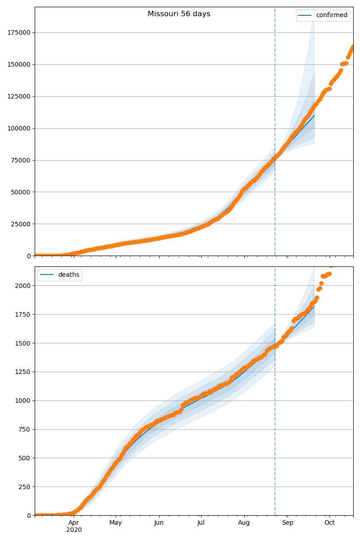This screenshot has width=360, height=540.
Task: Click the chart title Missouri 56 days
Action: click(179, 14)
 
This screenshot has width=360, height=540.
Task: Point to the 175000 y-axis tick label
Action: click(19, 32)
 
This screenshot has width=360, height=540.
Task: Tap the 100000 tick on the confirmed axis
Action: click(19, 128)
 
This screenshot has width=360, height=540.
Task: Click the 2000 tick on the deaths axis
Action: click(23, 286)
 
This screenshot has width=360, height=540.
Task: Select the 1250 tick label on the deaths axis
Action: click(23, 372)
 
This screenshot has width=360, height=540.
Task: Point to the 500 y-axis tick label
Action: click(25, 458)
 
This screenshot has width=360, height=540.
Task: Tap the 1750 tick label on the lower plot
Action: click(23, 315)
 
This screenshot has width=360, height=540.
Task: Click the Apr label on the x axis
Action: click(74, 523)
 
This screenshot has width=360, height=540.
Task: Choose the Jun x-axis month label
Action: click(159, 523)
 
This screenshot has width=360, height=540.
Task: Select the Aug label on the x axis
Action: click(244, 523)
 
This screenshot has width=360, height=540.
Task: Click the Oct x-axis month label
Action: click(329, 523)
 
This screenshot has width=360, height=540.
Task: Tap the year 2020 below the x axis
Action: click(74, 530)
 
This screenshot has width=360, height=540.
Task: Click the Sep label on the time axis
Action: click(288, 523)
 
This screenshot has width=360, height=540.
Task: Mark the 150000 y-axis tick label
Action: click(19, 64)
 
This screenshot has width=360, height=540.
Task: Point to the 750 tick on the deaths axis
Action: click(25, 429)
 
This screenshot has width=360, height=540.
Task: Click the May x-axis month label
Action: click(116, 523)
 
